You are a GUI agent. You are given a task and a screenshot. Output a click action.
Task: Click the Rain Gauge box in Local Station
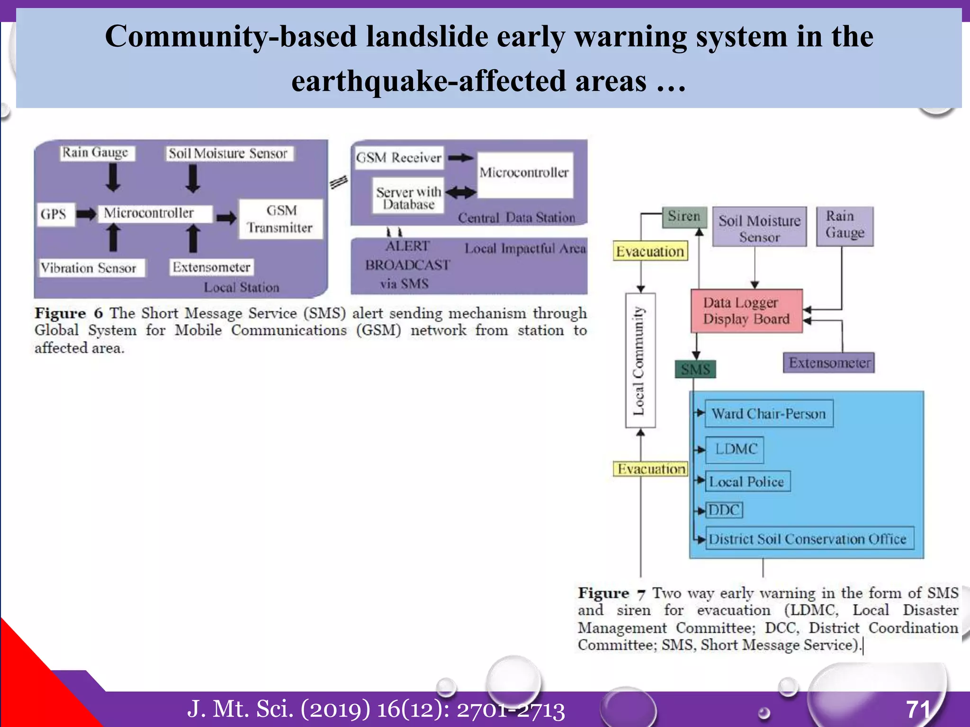tap(97, 153)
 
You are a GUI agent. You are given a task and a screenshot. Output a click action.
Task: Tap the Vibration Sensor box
tap(91, 268)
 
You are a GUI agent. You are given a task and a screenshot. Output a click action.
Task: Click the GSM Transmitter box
tap(280, 219)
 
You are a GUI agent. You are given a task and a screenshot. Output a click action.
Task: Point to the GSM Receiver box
tap(399, 158)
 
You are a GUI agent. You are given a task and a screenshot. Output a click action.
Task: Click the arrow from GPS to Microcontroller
tap(86, 214)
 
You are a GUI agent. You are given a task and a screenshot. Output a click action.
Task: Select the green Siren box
tap(684, 217)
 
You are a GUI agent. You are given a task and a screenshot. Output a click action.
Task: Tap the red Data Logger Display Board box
tap(746, 311)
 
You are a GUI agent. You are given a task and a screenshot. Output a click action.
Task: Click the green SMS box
tap(695, 369)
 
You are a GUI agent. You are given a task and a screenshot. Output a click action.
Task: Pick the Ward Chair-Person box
tap(769, 414)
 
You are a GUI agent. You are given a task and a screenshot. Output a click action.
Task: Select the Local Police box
tap(747, 482)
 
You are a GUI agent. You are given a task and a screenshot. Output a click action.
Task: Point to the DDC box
tap(724, 510)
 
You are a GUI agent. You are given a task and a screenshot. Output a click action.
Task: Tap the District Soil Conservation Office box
tap(809, 539)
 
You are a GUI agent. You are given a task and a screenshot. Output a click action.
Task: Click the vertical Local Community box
tap(640, 361)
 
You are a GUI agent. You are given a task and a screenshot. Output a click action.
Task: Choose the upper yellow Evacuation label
tap(650, 251)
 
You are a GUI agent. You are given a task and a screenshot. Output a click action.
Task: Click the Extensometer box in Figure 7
tap(828, 363)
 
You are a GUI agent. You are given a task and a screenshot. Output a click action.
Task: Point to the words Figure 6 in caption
tap(69, 313)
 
